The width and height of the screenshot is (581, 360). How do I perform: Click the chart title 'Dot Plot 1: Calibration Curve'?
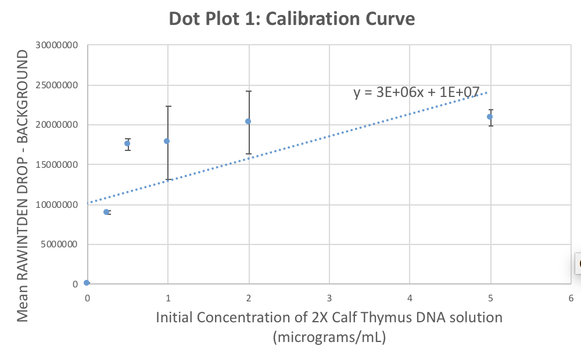click(292, 19)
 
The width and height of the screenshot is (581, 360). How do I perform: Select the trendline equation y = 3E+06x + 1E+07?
click(417, 92)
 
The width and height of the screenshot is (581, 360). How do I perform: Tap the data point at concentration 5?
click(490, 117)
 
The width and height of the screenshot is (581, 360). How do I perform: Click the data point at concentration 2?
click(248, 121)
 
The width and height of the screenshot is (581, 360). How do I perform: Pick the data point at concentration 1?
click(167, 141)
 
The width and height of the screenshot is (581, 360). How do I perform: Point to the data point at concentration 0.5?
click(127, 143)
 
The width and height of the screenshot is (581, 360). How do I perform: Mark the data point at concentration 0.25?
click(106, 212)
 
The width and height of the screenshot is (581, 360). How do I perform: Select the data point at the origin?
click(87, 283)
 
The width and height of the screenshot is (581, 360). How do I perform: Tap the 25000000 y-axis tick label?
click(56, 85)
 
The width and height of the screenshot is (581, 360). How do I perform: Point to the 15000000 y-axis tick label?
click(56, 165)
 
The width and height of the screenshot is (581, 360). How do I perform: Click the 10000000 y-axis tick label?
click(56, 205)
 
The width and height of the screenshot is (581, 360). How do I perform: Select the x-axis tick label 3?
click(329, 298)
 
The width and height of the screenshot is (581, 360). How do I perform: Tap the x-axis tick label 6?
click(571, 298)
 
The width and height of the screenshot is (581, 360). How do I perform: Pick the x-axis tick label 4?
click(410, 298)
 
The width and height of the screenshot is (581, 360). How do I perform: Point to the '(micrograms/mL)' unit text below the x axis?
click(329, 337)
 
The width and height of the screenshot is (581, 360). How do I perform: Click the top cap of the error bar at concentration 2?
click(248, 91)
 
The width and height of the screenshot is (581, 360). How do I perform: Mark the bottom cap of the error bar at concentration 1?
click(167, 179)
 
